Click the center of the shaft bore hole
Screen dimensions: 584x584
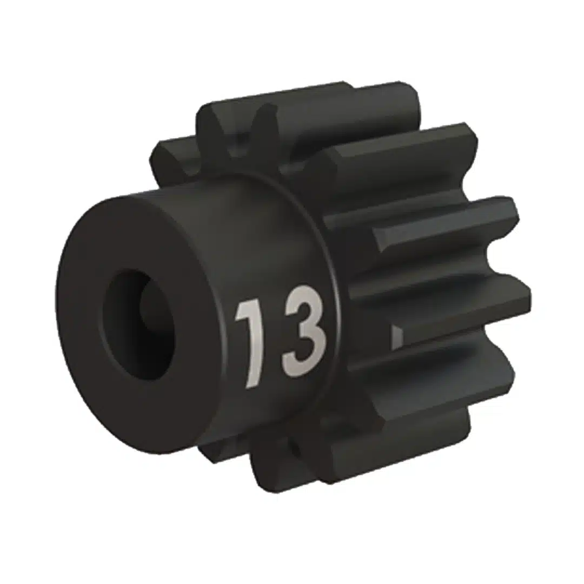(138, 324)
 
